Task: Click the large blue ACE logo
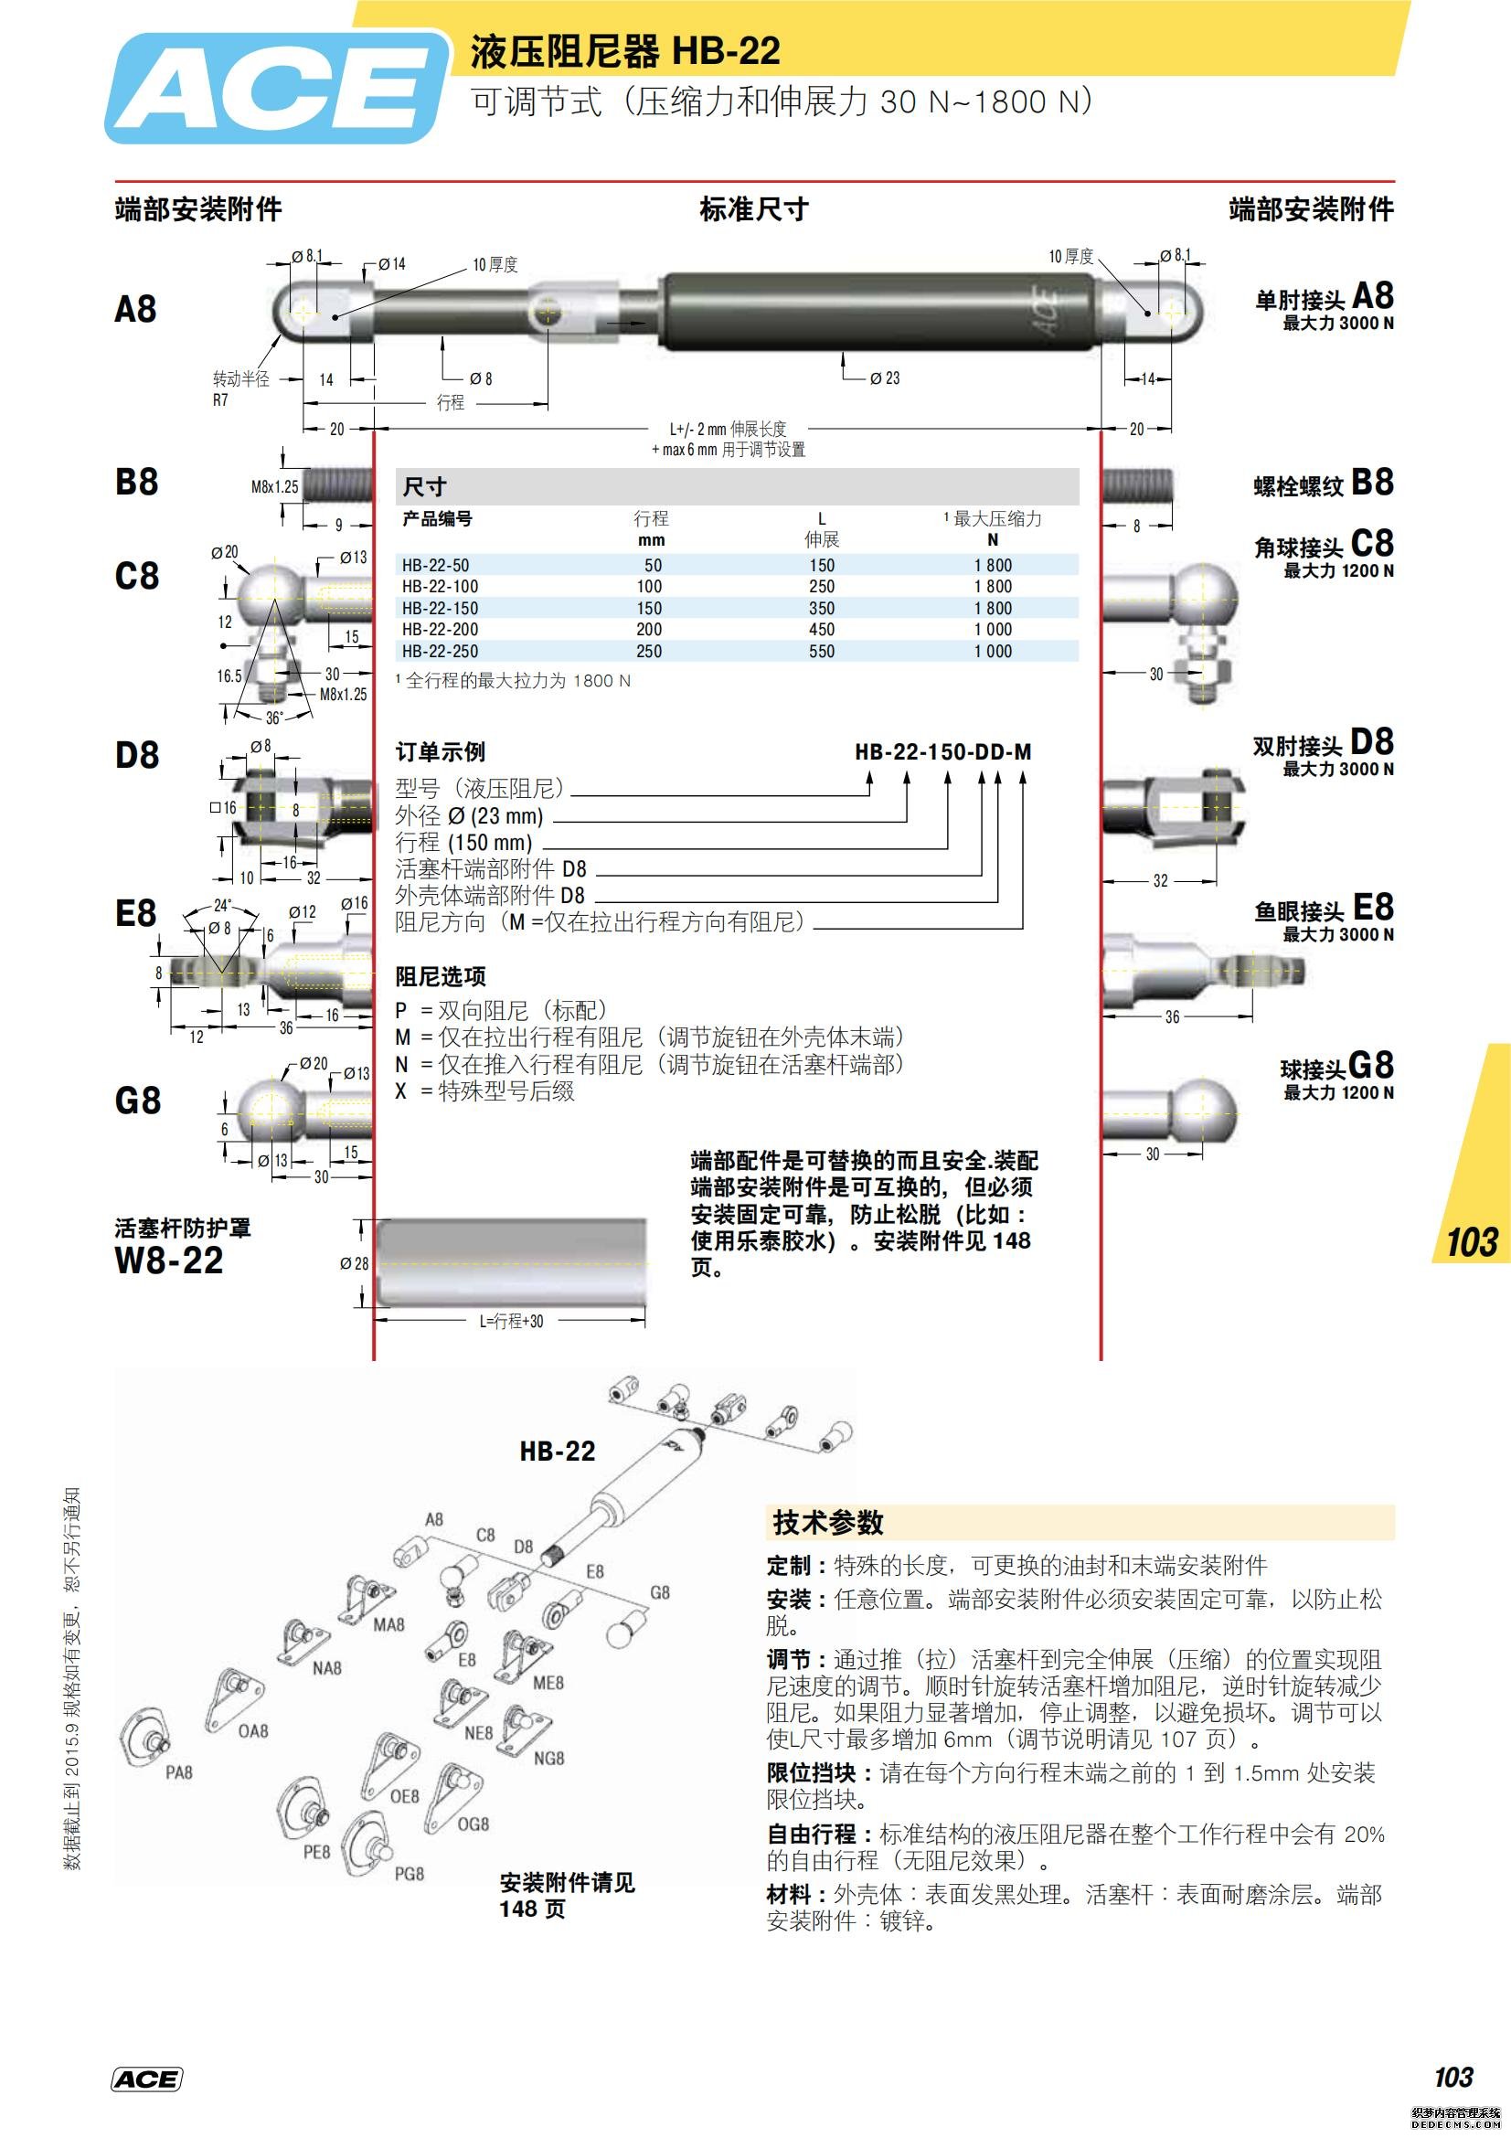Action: click(274, 89)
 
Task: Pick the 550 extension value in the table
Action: click(821, 651)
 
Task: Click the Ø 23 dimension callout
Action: click(885, 378)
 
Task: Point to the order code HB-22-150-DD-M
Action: click(942, 751)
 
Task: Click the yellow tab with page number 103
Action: click(1471, 1242)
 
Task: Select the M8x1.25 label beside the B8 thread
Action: click(274, 486)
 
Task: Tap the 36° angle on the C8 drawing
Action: click(273, 718)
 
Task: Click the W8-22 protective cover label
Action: click(168, 1260)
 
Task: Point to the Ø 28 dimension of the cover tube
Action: click(354, 1263)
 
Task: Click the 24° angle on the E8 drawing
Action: click(222, 905)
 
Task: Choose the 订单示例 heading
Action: click(440, 751)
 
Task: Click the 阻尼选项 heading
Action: click(441, 976)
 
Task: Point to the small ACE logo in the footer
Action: click(146, 2079)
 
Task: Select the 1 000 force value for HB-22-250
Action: click(994, 651)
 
